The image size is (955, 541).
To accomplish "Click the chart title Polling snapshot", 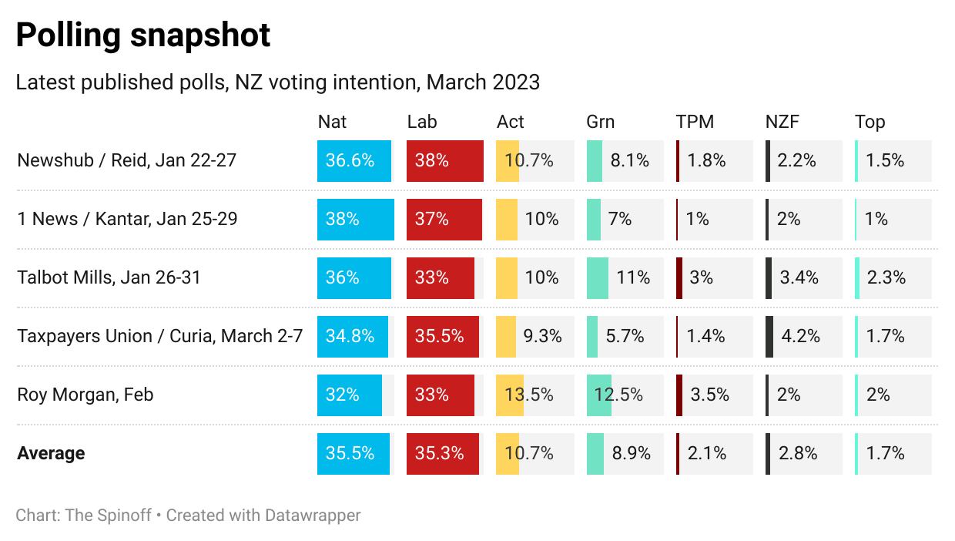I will (x=143, y=35).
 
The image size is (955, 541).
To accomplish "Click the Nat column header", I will (x=332, y=122).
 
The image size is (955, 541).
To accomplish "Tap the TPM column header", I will (x=695, y=122).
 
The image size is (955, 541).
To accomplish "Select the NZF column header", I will (x=783, y=122).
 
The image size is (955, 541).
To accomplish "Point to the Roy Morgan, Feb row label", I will (x=85, y=395).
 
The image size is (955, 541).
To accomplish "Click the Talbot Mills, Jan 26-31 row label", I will (x=109, y=277).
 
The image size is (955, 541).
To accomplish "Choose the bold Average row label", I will (x=51, y=453).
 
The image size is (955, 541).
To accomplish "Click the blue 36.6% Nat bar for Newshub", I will (x=354, y=161).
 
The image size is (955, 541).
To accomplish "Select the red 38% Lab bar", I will (x=444, y=161).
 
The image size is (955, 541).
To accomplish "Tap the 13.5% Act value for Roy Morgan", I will (x=529, y=395).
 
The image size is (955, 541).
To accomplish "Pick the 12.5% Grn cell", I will (x=618, y=395).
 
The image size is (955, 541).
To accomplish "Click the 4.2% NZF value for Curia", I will (x=799, y=336).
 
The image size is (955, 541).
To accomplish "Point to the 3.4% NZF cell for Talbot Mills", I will (x=799, y=277).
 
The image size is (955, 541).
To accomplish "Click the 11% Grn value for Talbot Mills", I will (x=633, y=277).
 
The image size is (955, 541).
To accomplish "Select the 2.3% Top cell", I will (x=886, y=277).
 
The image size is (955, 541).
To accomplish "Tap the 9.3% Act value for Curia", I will (x=542, y=336).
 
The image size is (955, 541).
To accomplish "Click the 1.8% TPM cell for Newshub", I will (x=707, y=161).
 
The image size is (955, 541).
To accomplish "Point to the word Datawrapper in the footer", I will (x=312, y=515).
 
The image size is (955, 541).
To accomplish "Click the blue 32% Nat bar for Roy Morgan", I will (x=349, y=395).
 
